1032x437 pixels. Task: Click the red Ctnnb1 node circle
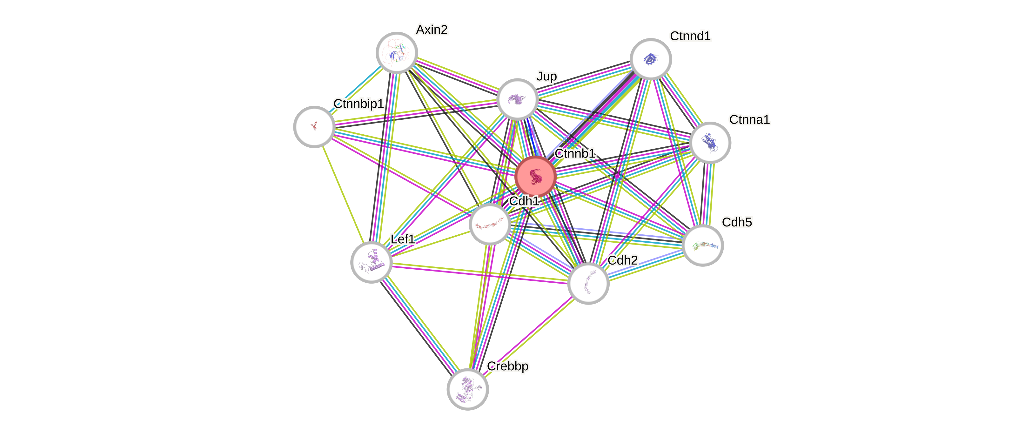(535, 176)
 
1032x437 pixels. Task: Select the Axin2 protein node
(397, 53)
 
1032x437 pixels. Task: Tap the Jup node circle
(517, 99)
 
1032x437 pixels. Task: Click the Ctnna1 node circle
(710, 143)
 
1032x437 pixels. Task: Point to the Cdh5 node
(702, 245)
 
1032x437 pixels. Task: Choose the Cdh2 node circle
(588, 284)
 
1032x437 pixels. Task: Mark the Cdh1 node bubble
(490, 224)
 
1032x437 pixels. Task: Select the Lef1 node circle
(372, 262)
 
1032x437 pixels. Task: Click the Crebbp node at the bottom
(467, 389)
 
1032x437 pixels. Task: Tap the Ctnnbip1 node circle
(314, 127)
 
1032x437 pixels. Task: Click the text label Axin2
(432, 30)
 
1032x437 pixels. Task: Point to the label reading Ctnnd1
(690, 36)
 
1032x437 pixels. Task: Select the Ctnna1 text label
(749, 119)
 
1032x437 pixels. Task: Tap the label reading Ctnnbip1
(359, 104)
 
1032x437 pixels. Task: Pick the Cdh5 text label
(737, 222)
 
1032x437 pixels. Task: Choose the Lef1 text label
(403, 239)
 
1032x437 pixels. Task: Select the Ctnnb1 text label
(575, 153)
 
